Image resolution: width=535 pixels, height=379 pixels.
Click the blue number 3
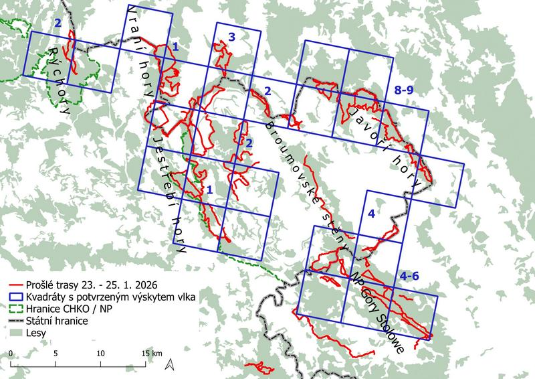click(x=231, y=38)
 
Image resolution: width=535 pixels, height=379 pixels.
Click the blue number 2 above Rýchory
click(x=58, y=23)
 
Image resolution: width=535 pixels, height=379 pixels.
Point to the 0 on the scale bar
click(x=11, y=353)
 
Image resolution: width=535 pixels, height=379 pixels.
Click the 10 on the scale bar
click(x=100, y=353)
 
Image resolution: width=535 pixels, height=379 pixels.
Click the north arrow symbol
click(x=171, y=364)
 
